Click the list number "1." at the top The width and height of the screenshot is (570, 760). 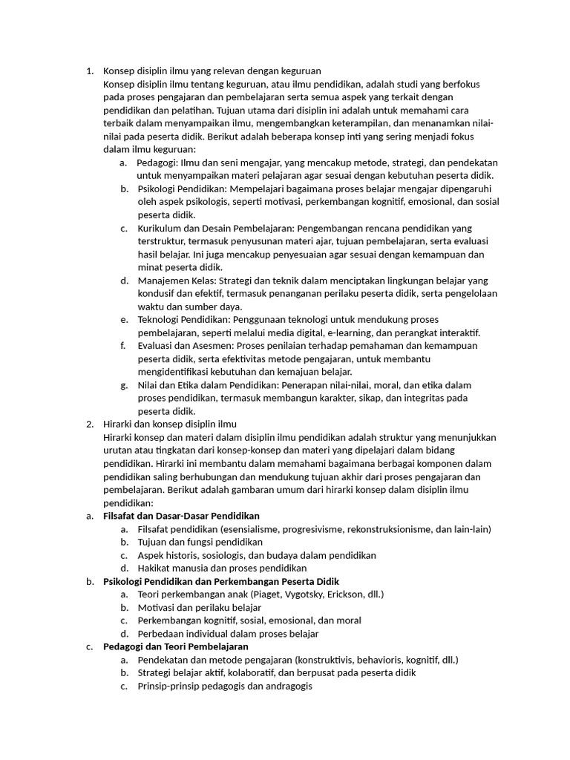pos(89,71)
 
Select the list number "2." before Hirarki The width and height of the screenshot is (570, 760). pos(89,425)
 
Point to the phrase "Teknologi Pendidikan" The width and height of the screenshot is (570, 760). pos(183,320)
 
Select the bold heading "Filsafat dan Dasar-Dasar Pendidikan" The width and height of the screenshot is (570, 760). pos(181,516)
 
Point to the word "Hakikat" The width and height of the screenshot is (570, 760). pos(155,569)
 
